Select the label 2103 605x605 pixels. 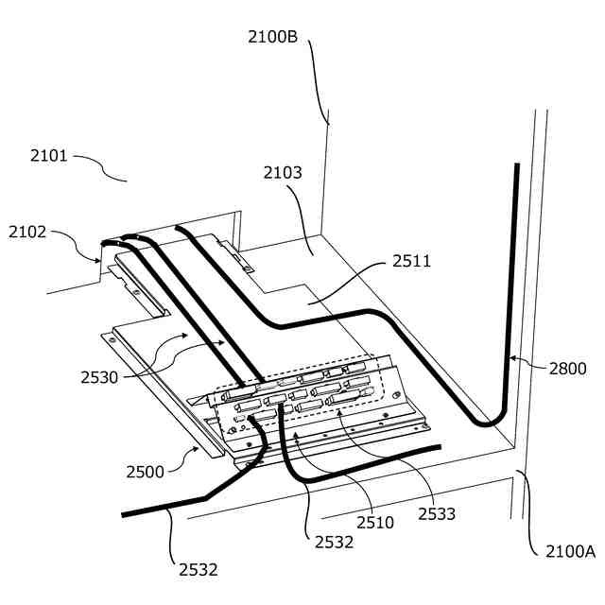tap(283, 173)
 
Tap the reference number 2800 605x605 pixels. tap(567, 369)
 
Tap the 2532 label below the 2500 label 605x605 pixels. tap(199, 570)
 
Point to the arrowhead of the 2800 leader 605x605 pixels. tap(509, 358)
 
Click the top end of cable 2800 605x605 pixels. tap(516, 165)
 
